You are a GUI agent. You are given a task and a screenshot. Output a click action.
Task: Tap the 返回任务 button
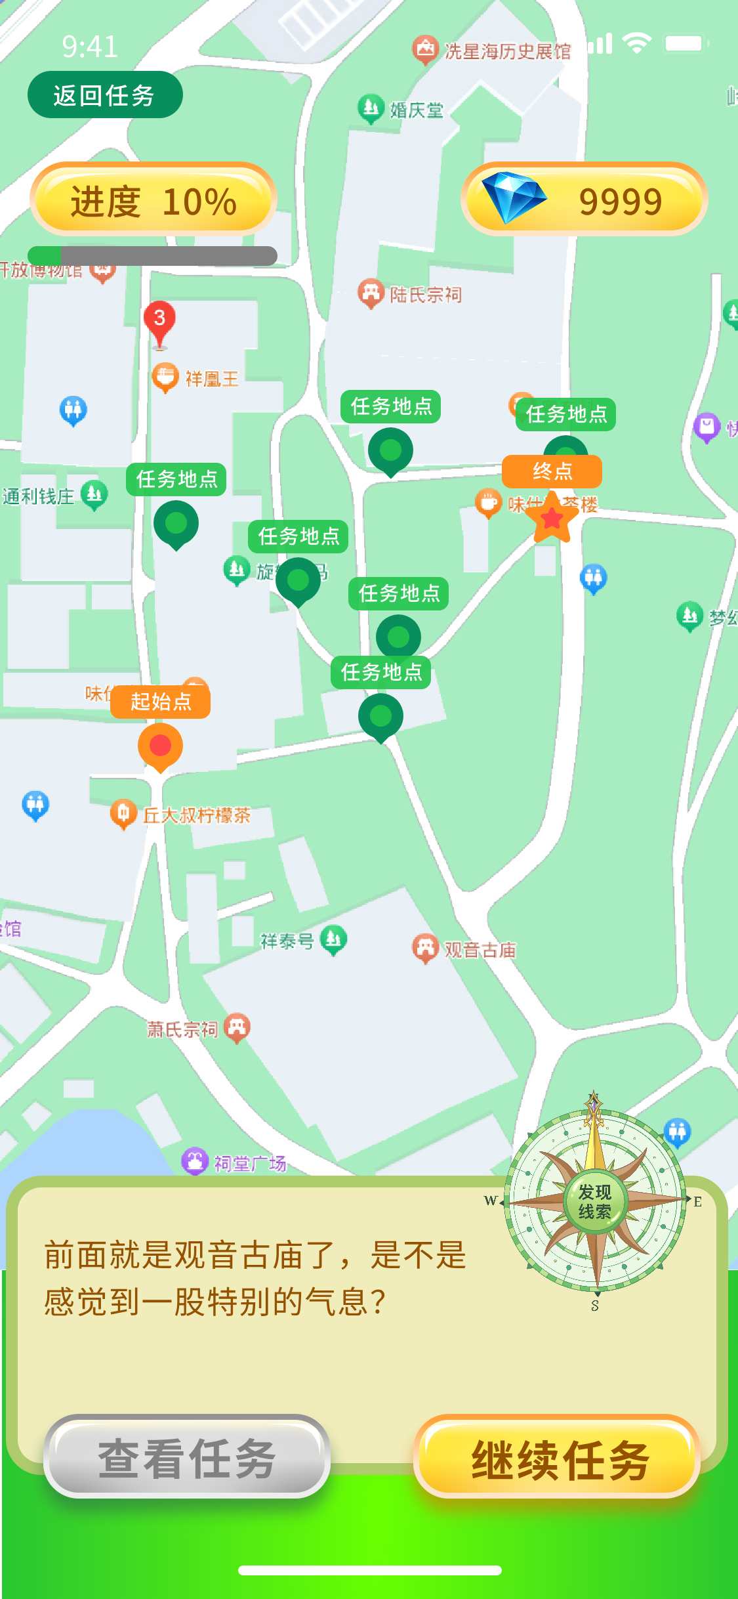104,95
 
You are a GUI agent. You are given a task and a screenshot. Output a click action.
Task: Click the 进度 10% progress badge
153,200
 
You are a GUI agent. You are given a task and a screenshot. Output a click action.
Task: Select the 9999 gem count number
620,202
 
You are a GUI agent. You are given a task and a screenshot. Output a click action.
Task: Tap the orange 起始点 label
161,702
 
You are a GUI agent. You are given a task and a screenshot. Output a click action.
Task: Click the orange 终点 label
552,471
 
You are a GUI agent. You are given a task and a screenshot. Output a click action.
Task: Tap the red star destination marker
552,519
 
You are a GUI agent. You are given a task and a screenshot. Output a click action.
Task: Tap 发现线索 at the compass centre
594,1201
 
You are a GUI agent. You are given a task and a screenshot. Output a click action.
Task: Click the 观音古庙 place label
480,950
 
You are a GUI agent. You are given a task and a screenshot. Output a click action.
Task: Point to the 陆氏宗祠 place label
426,295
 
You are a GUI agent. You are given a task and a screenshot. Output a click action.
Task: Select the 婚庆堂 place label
417,110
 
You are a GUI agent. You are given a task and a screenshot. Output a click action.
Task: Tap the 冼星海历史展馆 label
507,51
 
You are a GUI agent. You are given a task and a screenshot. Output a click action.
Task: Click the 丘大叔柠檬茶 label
197,815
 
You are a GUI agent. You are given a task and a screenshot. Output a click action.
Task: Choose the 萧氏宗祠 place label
182,1029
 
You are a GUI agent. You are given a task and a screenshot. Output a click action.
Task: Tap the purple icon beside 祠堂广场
195,1161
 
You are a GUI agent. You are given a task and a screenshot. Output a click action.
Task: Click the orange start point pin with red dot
160,746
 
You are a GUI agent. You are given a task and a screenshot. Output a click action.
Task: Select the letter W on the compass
490,1201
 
